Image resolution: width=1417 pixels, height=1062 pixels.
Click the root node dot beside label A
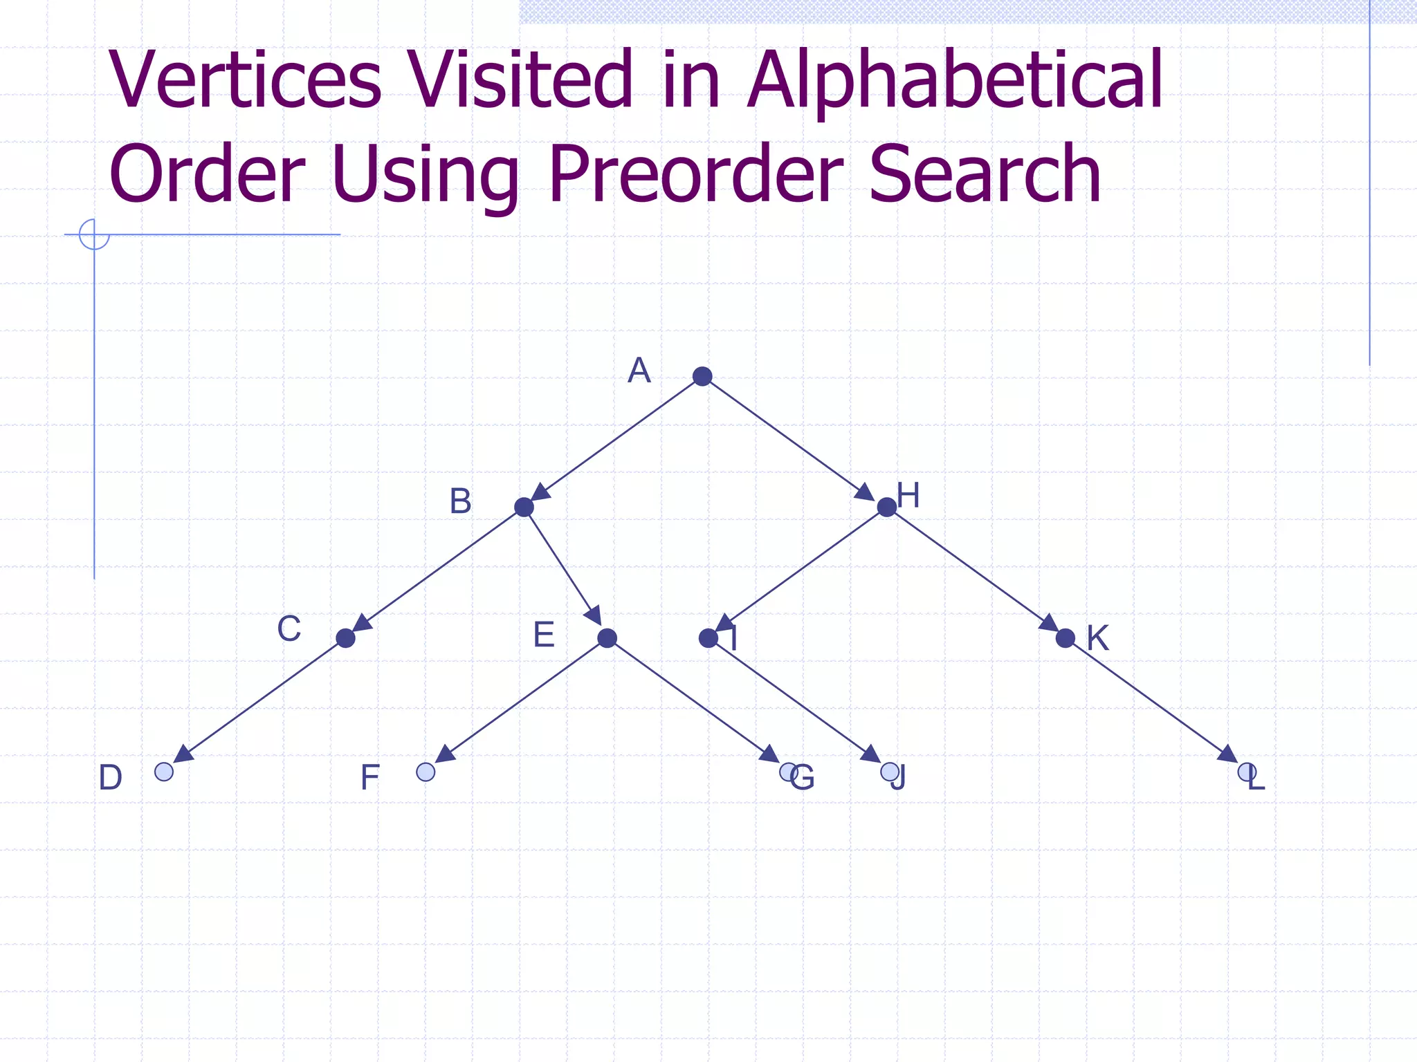[x=702, y=376]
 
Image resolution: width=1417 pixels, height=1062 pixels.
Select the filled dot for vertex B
[x=524, y=507]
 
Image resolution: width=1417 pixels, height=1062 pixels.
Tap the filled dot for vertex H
[x=886, y=507]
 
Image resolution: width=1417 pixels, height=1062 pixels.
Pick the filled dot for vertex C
[x=345, y=638]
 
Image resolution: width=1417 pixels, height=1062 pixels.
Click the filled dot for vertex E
[x=607, y=638]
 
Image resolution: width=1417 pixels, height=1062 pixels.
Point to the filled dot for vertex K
[x=1066, y=638]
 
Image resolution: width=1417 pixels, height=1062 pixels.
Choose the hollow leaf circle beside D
[x=164, y=772]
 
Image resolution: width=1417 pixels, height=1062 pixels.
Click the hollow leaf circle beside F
[x=426, y=772]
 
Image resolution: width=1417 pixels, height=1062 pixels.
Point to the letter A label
[x=639, y=371]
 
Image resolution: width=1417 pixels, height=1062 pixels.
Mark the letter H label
[x=908, y=496]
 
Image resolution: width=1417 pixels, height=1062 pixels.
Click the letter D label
[x=111, y=778]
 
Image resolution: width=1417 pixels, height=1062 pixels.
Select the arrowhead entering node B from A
[x=540, y=492]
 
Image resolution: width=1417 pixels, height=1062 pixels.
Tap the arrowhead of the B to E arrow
[x=593, y=615]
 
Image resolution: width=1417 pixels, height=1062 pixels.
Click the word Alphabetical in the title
[x=955, y=80]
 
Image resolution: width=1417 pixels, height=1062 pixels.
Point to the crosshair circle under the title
[x=94, y=234]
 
